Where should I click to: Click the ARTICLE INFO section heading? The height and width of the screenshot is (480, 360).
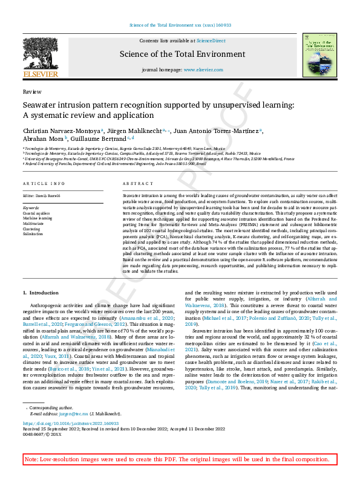(44, 183)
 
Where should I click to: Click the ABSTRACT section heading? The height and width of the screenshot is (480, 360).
(134, 183)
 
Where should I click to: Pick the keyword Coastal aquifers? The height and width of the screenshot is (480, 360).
(36, 213)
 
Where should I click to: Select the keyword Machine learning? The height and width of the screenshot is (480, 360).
(38, 218)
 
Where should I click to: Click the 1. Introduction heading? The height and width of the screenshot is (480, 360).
(41, 292)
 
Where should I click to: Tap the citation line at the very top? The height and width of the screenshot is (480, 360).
(180, 25)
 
